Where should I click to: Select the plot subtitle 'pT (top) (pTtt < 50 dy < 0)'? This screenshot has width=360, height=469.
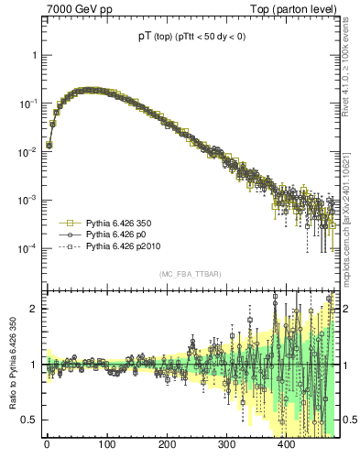(191, 38)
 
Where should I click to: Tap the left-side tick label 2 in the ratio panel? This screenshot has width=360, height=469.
(33, 309)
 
